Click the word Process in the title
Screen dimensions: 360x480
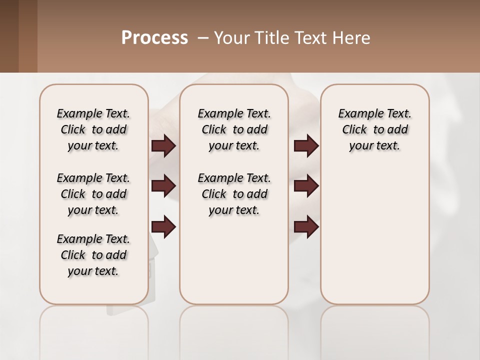pos(154,38)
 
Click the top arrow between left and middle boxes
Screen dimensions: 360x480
pos(163,145)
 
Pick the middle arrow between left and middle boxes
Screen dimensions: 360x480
pos(163,186)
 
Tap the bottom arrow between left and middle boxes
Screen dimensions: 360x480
pos(163,227)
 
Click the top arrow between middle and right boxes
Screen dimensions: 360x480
pos(306,145)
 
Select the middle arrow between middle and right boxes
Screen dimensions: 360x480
pos(306,186)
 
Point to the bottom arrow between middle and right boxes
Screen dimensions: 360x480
pos(306,227)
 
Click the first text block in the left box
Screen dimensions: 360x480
pos(93,129)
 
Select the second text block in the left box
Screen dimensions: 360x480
pos(93,194)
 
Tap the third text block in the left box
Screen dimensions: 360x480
pos(93,255)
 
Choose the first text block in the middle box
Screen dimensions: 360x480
pos(234,129)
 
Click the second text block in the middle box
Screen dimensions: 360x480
pos(234,194)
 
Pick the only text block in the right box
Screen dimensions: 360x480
pos(374,129)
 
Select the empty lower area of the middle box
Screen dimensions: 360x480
pos(234,260)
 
